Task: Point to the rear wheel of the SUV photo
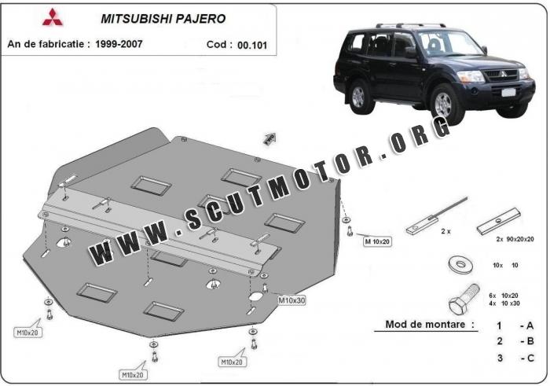(358, 96)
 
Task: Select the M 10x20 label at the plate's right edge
(376, 241)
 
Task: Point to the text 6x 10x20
(506, 294)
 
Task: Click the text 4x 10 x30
(506, 303)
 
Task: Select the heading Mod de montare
(430, 324)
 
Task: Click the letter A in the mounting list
(530, 325)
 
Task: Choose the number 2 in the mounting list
(499, 341)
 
